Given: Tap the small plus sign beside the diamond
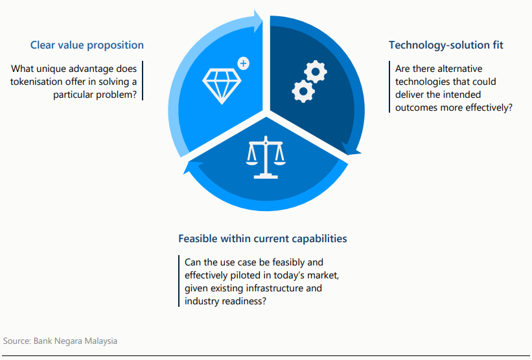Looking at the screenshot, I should (243, 63).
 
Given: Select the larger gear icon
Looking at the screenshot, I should (315, 71).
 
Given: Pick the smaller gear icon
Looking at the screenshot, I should (303, 91).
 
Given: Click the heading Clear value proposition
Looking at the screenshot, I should (87, 45).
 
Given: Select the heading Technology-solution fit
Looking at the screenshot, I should (446, 45).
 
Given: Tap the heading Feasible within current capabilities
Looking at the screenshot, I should (262, 239).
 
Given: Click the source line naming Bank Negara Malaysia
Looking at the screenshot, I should (60, 341).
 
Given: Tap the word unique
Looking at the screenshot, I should (54, 69).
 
